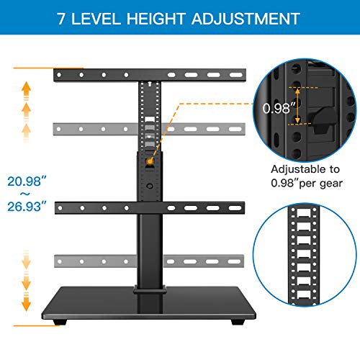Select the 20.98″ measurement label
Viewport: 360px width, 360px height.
tap(29, 179)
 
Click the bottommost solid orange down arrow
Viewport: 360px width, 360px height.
tap(27, 305)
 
